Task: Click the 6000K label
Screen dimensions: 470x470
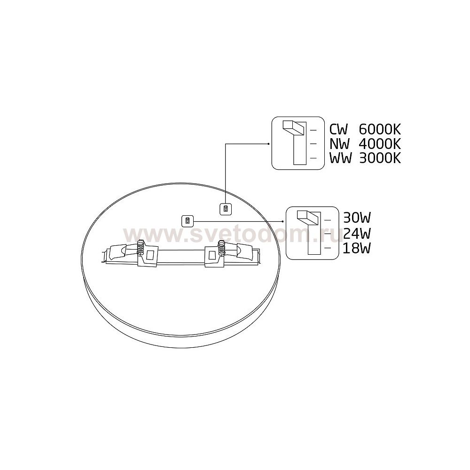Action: click(x=380, y=130)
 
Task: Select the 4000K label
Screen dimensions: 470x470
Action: click(x=380, y=144)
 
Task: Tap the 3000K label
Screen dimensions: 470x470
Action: click(x=380, y=158)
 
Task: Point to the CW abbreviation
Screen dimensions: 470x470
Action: click(x=339, y=130)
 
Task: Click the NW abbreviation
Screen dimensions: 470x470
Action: click(x=340, y=144)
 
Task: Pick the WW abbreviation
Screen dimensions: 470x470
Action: click(x=340, y=158)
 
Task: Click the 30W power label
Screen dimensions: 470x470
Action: click(x=357, y=218)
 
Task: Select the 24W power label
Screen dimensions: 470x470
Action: click(x=357, y=233)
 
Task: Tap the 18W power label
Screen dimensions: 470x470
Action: click(x=357, y=248)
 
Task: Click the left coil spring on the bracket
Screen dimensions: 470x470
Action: click(x=141, y=247)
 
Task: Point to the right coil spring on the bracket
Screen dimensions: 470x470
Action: click(x=222, y=247)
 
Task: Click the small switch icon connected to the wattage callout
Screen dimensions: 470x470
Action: click(x=188, y=221)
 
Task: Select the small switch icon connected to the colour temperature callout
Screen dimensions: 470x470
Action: click(x=226, y=209)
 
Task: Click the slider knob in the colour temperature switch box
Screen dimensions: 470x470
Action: click(x=294, y=128)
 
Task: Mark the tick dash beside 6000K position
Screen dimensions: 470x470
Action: click(x=313, y=130)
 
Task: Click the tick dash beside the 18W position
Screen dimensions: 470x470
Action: click(x=328, y=248)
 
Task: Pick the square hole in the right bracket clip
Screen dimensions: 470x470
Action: click(x=212, y=255)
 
